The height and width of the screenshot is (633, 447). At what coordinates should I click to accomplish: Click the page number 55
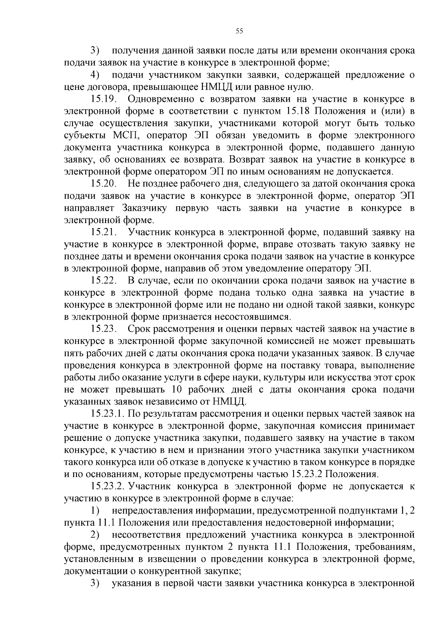tap(239, 31)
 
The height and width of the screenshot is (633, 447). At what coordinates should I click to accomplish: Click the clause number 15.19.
tap(104, 99)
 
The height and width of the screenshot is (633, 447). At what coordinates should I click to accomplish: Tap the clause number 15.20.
tap(104, 184)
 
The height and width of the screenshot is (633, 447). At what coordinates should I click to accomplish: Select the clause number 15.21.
tap(104, 232)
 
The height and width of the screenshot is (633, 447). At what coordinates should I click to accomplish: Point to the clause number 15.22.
tap(104, 281)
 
